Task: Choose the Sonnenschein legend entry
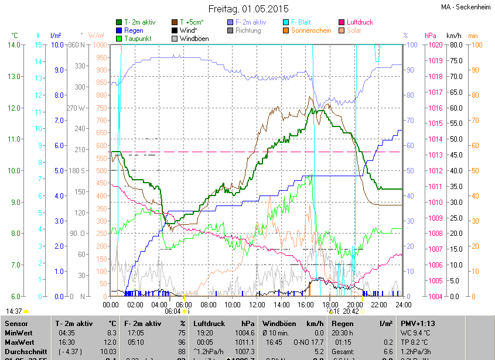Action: tap(315, 30)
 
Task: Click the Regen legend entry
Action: tap(134, 30)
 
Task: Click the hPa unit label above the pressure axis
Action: tap(431, 36)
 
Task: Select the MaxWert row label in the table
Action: tap(20, 341)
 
